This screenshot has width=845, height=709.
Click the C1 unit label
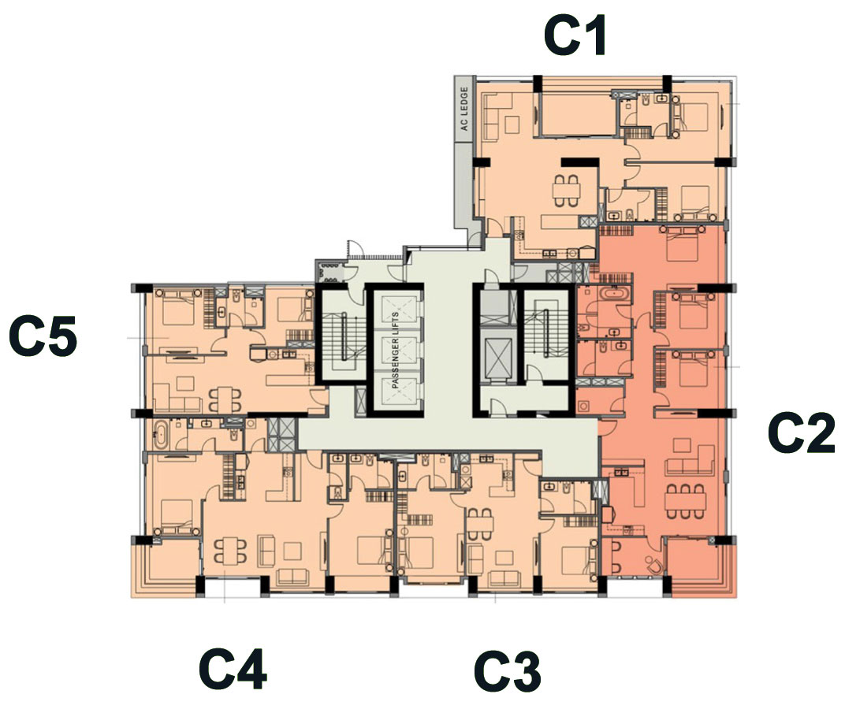point(575,35)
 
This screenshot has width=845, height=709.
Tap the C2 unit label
point(802,432)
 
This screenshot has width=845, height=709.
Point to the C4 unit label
point(233,670)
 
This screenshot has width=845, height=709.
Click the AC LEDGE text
point(463,110)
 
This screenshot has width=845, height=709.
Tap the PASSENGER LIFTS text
point(395,351)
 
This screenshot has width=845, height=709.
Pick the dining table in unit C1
point(567,191)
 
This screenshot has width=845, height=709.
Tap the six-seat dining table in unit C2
point(684,501)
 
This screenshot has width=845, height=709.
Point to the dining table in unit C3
point(479,524)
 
